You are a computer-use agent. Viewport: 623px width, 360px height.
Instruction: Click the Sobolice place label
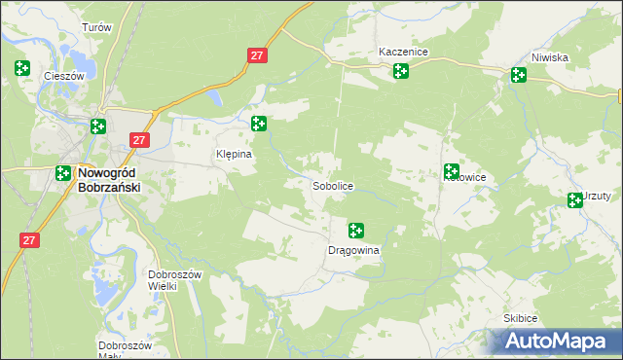[x=333, y=185]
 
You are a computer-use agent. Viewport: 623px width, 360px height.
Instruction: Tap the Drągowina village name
[x=352, y=250]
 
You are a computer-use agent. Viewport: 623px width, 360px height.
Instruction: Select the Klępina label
[x=234, y=154]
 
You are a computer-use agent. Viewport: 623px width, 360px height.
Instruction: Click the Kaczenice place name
[x=404, y=52]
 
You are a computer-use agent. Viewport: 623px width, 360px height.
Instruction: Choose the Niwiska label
[x=550, y=57]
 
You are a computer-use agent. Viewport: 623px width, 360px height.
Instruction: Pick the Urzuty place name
[x=597, y=195]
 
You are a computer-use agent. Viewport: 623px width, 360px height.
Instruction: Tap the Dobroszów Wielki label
[x=174, y=280]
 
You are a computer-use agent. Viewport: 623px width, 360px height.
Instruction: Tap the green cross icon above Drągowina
[x=356, y=231]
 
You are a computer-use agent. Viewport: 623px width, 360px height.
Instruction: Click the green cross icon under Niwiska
[x=518, y=75]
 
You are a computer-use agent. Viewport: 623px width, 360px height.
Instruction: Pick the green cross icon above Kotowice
[x=452, y=170]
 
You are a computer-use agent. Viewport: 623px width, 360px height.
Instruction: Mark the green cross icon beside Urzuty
[x=575, y=200]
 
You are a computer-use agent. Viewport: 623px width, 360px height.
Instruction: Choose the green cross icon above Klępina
[x=258, y=124]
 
